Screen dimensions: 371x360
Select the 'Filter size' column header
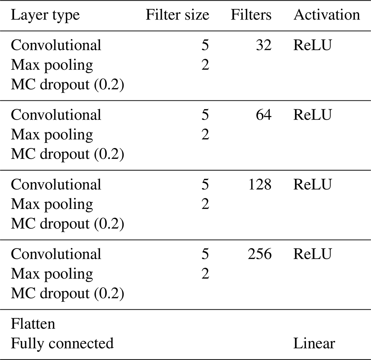coord(177,15)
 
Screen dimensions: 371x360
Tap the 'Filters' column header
coord(251,15)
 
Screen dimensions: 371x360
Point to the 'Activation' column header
coord(327,15)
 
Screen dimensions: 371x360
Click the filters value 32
coord(264,45)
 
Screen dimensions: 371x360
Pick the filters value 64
coord(264,114)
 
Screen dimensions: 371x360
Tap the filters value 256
coord(260,254)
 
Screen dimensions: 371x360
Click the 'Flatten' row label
coord(33,323)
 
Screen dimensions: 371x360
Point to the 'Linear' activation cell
coord(314,343)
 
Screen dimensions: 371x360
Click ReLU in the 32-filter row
coord(313,45)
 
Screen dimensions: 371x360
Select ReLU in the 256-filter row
coord(313,254)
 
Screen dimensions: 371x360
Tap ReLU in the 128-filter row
coord(313,184)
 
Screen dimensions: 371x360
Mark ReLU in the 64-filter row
coord(313,114)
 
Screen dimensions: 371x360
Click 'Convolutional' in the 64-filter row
coord(56,114)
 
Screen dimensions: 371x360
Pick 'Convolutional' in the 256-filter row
coord(56,254)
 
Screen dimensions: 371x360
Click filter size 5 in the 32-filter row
coord(205,45)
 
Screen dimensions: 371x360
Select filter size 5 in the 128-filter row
coord(205,184)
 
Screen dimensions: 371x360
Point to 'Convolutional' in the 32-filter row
coord(56,45)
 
